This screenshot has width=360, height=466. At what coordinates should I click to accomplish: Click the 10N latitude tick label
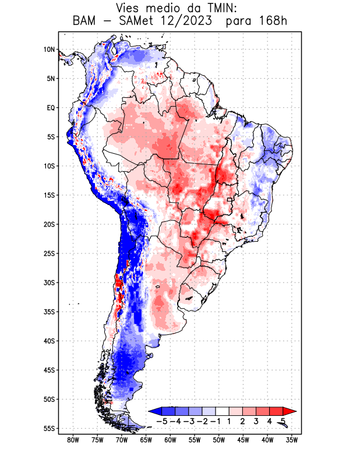[49, 50]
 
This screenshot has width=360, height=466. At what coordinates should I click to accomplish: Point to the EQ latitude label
[50, 108]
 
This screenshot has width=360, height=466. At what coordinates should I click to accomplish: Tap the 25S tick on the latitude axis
[49, 253]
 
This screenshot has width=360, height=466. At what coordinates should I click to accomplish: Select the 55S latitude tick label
[49, 428]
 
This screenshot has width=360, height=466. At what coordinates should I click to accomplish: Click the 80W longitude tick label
[73, 440]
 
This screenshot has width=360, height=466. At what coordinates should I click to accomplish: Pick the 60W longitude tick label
[171, 440]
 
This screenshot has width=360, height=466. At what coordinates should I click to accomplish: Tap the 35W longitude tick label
[292, 440]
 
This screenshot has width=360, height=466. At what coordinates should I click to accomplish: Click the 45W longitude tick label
[243, 440]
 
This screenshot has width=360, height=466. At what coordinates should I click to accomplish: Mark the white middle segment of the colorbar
[223, 411]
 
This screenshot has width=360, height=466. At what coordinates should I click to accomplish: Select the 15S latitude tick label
[49, 195]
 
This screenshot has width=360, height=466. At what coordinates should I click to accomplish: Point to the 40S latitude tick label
[49, 341]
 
